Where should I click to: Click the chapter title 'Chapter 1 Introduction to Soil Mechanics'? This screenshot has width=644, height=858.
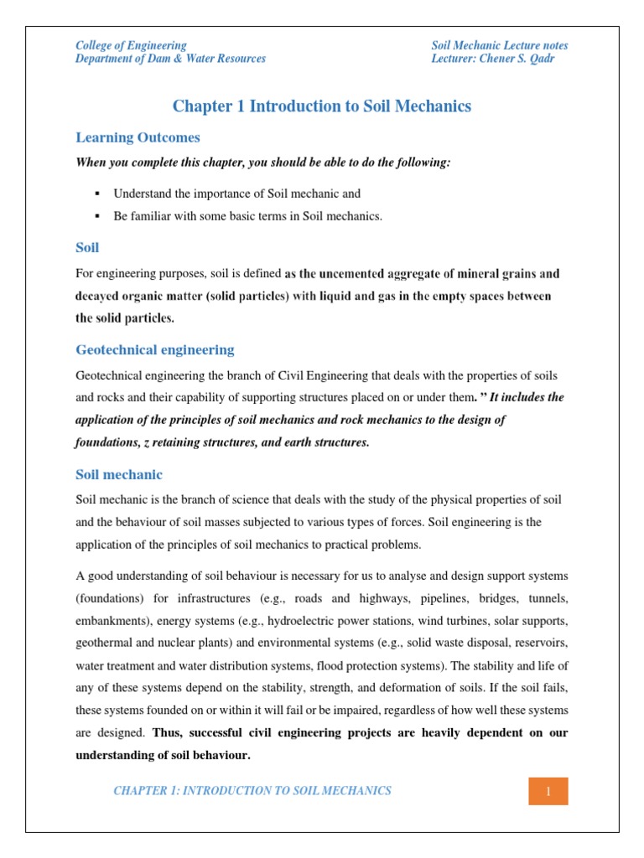coord(322,106)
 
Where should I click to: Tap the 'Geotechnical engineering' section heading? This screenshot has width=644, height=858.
coord(155,349)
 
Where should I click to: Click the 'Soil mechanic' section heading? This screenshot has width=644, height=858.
coord(119,474)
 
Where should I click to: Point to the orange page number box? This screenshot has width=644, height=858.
coord(548,791)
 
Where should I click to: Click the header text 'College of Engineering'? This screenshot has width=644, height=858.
coord(131,45)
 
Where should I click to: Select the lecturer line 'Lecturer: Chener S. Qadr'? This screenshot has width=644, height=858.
coord(494,59)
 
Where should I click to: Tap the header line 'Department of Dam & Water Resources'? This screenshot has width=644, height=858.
coord(170,59)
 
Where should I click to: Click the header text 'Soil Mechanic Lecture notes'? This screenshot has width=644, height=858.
coord(500,45)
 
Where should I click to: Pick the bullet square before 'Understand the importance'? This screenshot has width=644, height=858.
coord(96,194)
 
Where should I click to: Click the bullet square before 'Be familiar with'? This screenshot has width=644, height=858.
coord(96,216)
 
